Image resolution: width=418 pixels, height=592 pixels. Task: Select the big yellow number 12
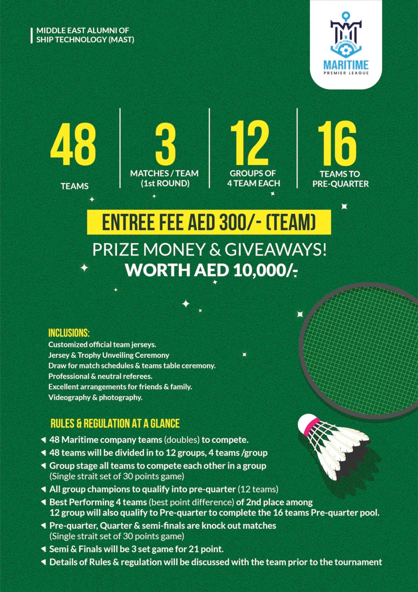click(x=249, y=143)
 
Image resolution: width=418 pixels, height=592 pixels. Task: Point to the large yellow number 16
click(x=337, y=143)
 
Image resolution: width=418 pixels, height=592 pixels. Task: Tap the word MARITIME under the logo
click(x=346, y=65)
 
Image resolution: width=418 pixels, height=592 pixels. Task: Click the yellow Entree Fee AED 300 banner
click(x=209, y=222)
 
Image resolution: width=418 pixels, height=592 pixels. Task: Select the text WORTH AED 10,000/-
click(x=211, y=270)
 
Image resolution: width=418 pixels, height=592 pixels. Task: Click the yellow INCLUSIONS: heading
click(x=69, y=333)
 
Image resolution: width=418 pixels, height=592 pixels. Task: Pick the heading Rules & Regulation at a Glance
click(x=115, y=424)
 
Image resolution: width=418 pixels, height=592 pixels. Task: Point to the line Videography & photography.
click(x=95, y=397)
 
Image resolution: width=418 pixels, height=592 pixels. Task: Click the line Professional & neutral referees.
click(x=100, y=376)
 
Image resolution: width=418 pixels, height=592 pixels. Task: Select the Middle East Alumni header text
click(x=85, y=35)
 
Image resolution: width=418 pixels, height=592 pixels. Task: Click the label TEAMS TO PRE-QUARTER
click(x=340, y=179)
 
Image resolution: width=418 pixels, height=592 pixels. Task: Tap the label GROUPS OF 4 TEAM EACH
click(x=253, y=178)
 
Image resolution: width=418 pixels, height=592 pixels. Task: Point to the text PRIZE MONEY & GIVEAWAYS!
click(x=209, y=250)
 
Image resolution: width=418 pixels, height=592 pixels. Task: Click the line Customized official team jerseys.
click(x=102, y=345)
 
